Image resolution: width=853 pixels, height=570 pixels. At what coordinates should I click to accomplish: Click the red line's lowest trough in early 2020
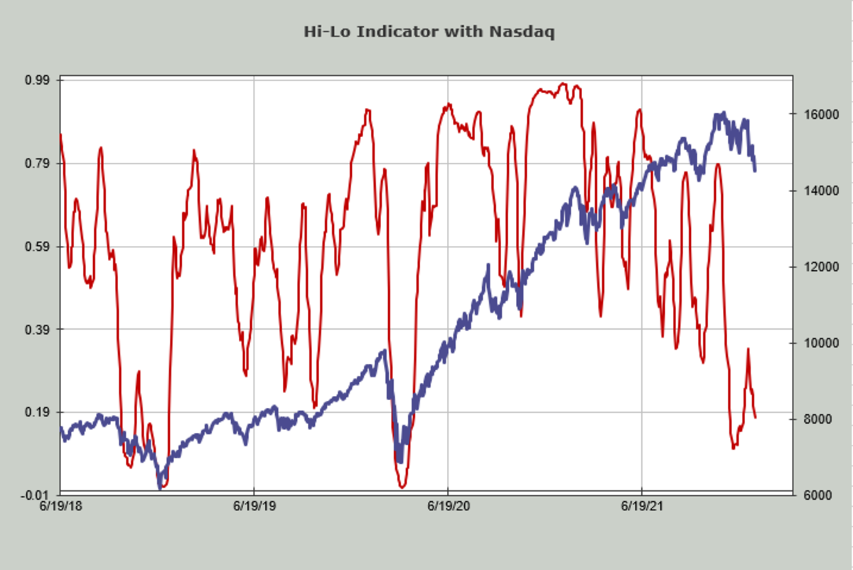[x=402, y=487]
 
